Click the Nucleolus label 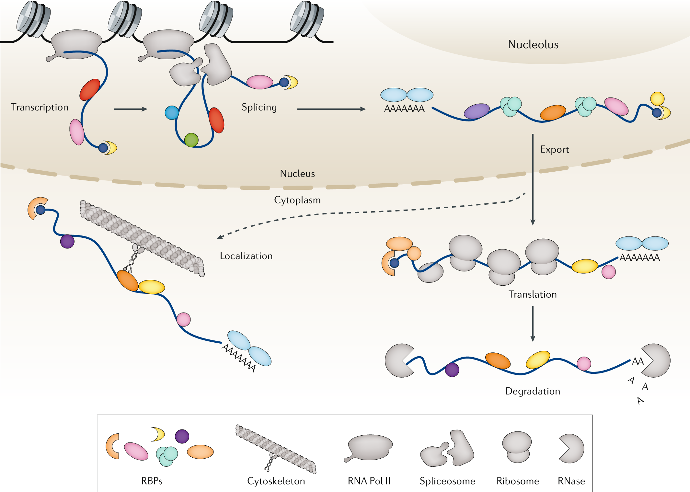(533, 44)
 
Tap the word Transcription (40, 107)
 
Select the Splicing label (259, 107)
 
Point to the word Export (554, 149)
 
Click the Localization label (246, 256)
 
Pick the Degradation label (533, 391)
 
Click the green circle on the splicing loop (191, 140)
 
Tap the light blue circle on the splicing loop (172, 113)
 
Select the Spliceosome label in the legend (447, 481)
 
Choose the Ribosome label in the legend (518, 481)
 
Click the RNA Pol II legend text (369, 481)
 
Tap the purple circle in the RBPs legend (182, 436)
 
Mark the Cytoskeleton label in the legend (276, 481)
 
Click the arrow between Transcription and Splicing (131, 109)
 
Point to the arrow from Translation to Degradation (533, 324)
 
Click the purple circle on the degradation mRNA (452, 370)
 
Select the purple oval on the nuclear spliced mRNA (477, 111)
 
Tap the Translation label (533, 294)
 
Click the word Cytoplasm (297, 200)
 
